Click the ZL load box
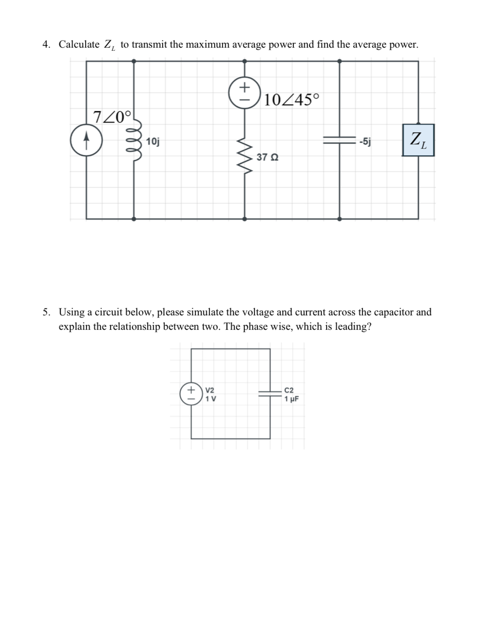pyautogui.click(x=418, y=140)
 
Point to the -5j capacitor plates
pyautogui.click(x=339, y=140)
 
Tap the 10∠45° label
pyautogui.click(x=292, y=100)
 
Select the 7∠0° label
pyautogui.click(x=112, y=117)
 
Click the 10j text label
pyautogui.click(x=153, y=141)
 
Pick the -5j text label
pyautogui.click(x=365, y=141)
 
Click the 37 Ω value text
pyautogui.click(x=267, y=157)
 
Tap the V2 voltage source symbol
pyautogui.click(x=191, y=394)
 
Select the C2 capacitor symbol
pyautogui.click(x=270, y=393)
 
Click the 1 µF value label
pyautogui.click(x=291, y=399)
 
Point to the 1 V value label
pyautogui.click(x=210, y=399)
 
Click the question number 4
pyautogui.click(x=46, y=45)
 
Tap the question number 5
pyautogui.click(x=46, y=312)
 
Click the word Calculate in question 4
pyautogui.click(x=79, y=45)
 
